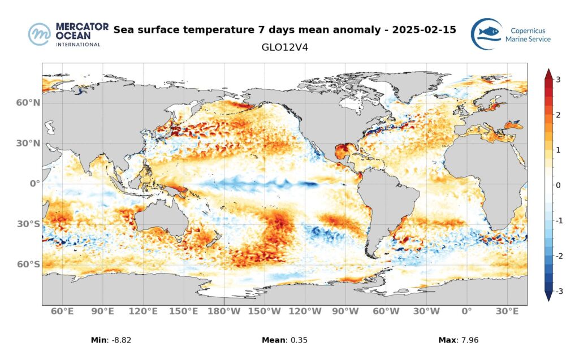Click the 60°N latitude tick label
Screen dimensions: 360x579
(x=28, y=103)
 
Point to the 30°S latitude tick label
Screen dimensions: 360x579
(x=28, y=224)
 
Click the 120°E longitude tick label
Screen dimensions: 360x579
(x=143, y=311)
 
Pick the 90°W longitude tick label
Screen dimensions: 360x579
(x=345, y=311)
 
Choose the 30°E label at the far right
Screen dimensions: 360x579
(x=507, y=311)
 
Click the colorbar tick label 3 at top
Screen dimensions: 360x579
(x=558, y=80)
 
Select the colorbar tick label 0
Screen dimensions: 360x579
(x=558, y=185)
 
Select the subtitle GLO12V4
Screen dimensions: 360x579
(x=285, y=47)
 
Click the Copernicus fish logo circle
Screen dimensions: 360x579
(x=486, y=34)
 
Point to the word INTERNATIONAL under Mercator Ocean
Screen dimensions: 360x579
(x=78, y=44)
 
